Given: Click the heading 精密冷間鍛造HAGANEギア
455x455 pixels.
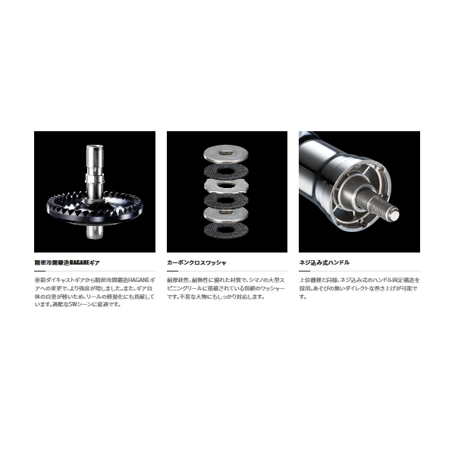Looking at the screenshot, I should click(x=67, y=262).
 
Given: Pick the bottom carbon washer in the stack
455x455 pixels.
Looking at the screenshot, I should click(x=226, y=230).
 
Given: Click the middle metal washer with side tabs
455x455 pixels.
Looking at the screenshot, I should click(x=226, y=186).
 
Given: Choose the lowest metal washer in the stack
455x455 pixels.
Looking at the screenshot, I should click(x=226, y=215).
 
